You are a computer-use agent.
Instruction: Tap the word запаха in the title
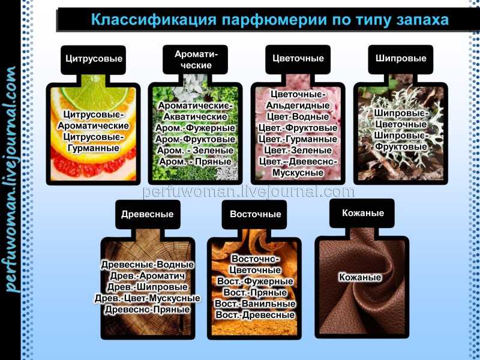tap(423, 20)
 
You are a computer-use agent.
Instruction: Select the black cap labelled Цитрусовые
tap(94, 59)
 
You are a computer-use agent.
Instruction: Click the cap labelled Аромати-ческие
tap(196, 59)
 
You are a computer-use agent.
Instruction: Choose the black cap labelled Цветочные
tap(298, 59)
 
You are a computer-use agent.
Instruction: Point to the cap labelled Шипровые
tap(401, 59)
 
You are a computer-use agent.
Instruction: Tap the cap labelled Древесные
tap(148, 214)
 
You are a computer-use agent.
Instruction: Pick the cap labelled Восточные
tap(255, 214)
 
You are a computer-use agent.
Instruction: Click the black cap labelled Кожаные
tap(362, 213)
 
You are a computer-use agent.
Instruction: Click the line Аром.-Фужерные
tap(196, 128)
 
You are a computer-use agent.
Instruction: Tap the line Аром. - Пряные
tap(196, 161)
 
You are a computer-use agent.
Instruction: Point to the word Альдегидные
tap(298, 106)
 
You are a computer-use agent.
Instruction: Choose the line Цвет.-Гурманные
tap(298, 139)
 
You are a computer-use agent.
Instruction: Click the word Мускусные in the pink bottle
tap(298, 173)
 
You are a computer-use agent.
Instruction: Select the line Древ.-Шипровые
tap(147, 287)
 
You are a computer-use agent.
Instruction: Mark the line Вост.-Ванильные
tap(255, 304)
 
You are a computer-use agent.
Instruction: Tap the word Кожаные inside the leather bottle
tap(360, 277)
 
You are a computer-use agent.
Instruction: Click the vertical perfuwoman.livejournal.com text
tap(11, 179)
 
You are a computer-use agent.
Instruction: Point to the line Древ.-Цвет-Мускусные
tap(147, 298)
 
